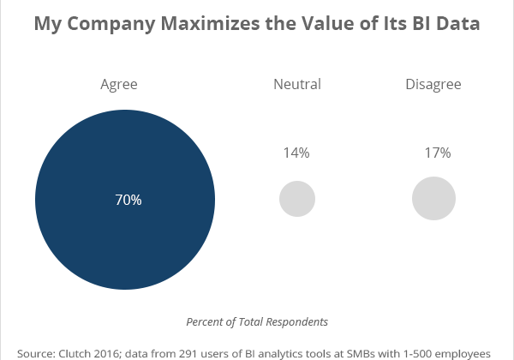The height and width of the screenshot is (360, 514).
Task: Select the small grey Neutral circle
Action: (x=297, y=199)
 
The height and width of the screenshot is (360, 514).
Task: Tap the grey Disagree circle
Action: (x=433, y=199)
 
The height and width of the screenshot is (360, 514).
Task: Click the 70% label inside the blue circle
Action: (x=128, y=200)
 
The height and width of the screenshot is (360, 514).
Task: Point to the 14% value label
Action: (x=296, y=153)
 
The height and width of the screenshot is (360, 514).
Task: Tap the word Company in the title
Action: (x=107, y=25)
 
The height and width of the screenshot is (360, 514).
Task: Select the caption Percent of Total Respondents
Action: (x=257, y=321)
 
